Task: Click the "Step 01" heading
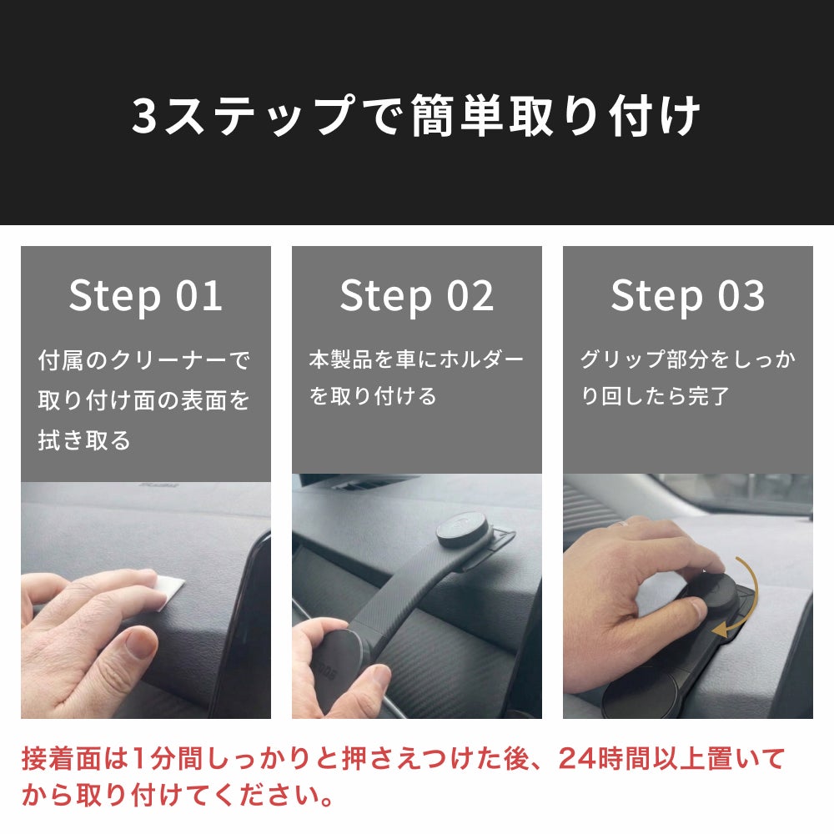[x=146, y=296]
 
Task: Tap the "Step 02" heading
[x=417, y=296]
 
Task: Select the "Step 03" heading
[x=688, y=296]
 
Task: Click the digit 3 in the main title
[x=144, y=116]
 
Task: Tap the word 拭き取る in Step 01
[x=84, y=440]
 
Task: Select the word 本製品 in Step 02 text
[x=340, y=359]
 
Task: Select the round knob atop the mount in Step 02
[x=463, y=530]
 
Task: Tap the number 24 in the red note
[x=578, y=758]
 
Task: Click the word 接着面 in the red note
[x=62, y=758]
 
